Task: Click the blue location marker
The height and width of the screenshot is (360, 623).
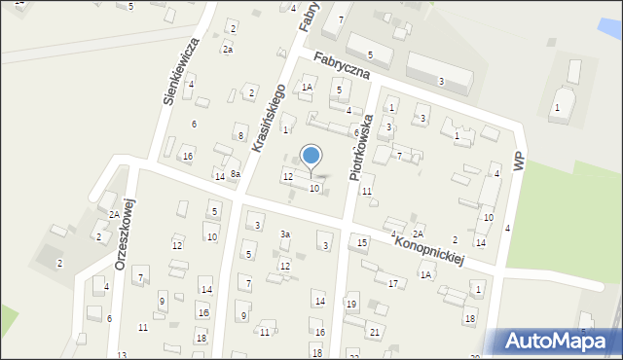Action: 311,156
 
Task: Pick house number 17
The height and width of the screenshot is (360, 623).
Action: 393,283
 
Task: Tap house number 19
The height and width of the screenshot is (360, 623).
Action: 351,305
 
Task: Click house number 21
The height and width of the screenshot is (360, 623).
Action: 375,332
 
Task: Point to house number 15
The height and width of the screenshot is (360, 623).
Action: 362,241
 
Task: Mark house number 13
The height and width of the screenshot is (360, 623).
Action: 122,355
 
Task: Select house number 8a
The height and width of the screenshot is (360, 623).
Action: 236,173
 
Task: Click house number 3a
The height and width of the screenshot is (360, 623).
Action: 285,234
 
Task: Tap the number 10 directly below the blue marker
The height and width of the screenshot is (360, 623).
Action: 313,188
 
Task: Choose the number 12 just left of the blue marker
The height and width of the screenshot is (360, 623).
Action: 287,176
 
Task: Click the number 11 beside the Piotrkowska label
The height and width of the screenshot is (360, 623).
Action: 367,191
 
